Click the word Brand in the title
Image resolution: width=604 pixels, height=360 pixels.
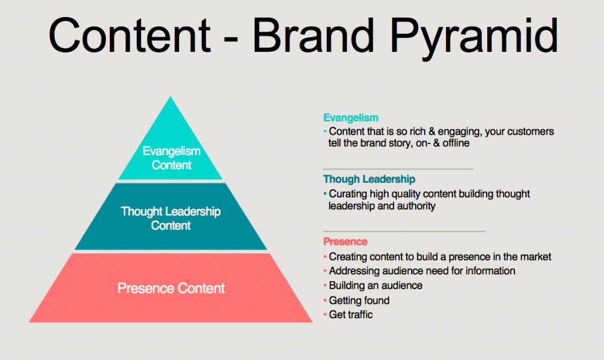click(313, 35)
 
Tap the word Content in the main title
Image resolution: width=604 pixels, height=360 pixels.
click(130, 35)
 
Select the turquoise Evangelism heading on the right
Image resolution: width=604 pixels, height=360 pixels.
click(350, 117)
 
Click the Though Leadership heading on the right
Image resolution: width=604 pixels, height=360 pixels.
click(369, 179)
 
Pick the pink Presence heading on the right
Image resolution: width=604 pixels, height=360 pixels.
click(345, 241)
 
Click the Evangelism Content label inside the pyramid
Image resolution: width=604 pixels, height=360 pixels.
click(172, 158)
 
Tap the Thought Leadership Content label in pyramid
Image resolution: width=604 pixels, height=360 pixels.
click(170, 218)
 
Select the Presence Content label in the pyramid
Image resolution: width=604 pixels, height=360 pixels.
click(171, 289)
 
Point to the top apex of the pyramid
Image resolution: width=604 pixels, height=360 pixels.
click(170, 96)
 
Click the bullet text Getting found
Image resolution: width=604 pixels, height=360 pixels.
click(359, 300)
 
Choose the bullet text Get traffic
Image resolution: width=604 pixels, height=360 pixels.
click(350, 315)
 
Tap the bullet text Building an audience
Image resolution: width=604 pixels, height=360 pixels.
click(376, 286)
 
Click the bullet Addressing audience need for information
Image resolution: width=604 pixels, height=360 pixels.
click(422, 271)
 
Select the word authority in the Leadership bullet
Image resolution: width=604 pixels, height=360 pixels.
click(416, 206)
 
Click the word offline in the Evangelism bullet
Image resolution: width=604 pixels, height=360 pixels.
click(456, 143)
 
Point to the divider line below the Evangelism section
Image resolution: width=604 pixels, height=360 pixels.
click(398, 169)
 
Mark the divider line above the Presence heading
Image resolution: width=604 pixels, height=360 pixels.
click(404, 232)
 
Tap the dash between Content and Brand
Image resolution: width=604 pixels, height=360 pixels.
click(231, 38)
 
